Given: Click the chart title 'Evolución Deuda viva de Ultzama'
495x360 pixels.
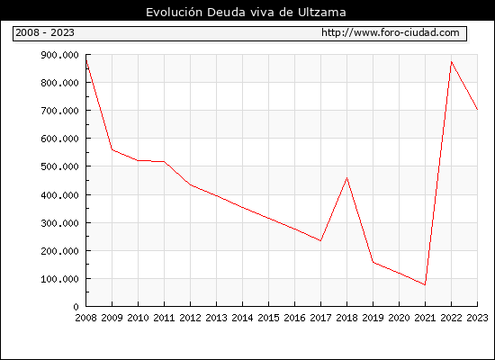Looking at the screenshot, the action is pyautogui.click(x=246, y=13).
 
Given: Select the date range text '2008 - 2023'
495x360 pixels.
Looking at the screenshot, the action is pyautogui.click(x=45, y=32).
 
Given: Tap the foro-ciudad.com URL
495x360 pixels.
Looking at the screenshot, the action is pyautogui.click(x=391, y=32).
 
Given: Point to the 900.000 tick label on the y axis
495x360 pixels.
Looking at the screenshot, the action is pyautogui.click(x=59, y=55).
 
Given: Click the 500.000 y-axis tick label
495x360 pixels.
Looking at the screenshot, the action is pyautogui.click(x=59, y=166).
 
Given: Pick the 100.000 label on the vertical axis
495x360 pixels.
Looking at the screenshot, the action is pyautogui.click(x=59, y=279).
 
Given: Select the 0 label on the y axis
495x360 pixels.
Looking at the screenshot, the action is pyautogui.click(x=76, y=307).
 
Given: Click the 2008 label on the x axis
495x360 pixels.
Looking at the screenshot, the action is pyautogui.click(x=85, y=318).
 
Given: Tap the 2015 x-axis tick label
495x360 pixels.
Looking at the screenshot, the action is pyautogui.click(x=269, y=318).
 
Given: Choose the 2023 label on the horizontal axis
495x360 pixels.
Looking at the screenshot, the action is pyautogui.click(x=477, y=318).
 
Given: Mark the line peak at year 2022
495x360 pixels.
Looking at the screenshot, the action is pyautogui.click(x=452, y=61).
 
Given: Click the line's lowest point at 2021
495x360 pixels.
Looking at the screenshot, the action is pyautogui.click(x=425, y=284).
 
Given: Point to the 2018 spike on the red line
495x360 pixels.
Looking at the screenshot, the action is pyautogui.click(x=346, y=178).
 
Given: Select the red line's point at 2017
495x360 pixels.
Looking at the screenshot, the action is pyautogui.click(x=320, y=241).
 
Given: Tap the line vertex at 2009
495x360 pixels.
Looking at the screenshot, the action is pyautogui.click(x=112, y=149).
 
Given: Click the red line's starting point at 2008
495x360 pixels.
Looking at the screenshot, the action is pyautogui.click(x=86, y=60).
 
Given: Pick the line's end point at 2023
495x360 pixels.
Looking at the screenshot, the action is pyautogui.click(x=477, y=110).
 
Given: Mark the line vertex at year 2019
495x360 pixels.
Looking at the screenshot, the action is pyautogui.click(x=373, y=262).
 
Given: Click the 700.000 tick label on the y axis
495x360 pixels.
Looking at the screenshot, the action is pyautogui.click(x=59, y=111).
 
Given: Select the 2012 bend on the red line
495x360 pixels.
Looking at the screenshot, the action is pyautogui.click(x=191, y=184).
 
